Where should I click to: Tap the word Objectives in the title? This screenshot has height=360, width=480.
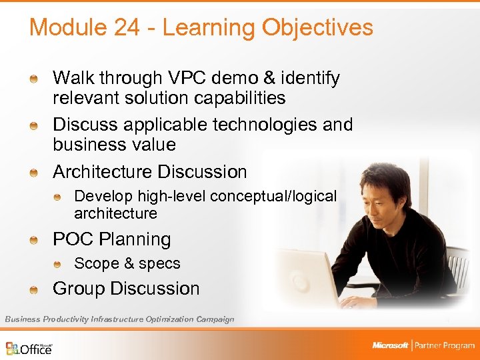point(317,28)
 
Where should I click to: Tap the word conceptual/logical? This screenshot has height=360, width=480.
point(273,196)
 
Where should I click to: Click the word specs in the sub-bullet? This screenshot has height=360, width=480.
point(159,264)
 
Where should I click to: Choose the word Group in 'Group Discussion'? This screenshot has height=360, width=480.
point(79,289)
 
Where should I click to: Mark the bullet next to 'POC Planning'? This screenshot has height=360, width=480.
point(33,240)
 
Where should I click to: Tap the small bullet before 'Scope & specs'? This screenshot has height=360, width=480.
point(58,264)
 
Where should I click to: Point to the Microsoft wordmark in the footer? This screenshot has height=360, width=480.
point(390,345)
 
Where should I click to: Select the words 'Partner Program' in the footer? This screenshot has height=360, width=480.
point(445,345)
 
